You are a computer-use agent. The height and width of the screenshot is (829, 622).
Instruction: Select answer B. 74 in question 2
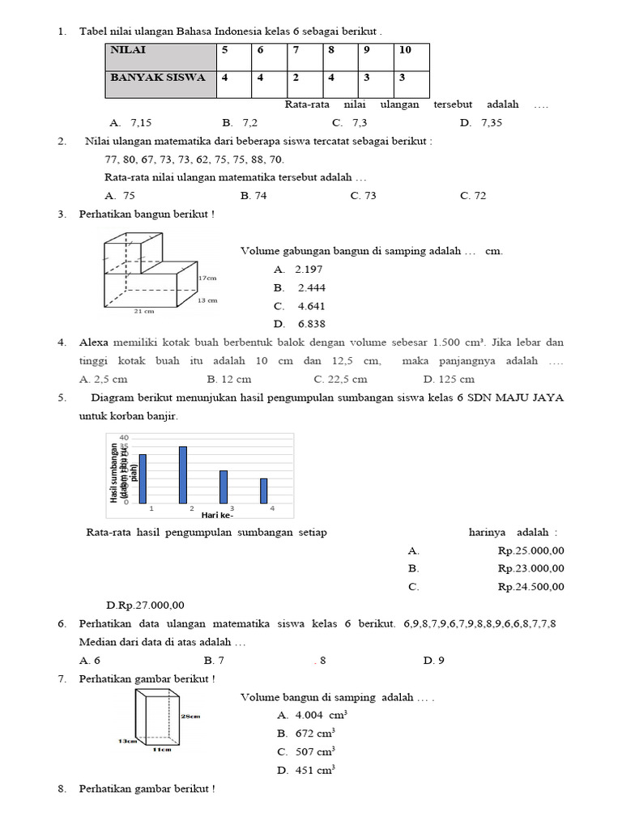(253, 196)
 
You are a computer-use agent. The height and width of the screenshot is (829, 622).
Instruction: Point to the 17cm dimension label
(208, 278)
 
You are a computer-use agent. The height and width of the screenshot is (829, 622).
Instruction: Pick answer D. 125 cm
(449, 379)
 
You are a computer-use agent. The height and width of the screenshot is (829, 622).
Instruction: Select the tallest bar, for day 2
(183, 474)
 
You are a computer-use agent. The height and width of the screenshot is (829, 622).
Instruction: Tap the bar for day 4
(263, 490)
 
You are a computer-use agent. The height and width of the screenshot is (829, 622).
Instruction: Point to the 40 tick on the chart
(124, 438)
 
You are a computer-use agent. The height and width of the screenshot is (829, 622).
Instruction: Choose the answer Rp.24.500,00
(530, 587)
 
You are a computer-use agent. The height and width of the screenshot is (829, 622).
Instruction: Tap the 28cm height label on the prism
(192, 716)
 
